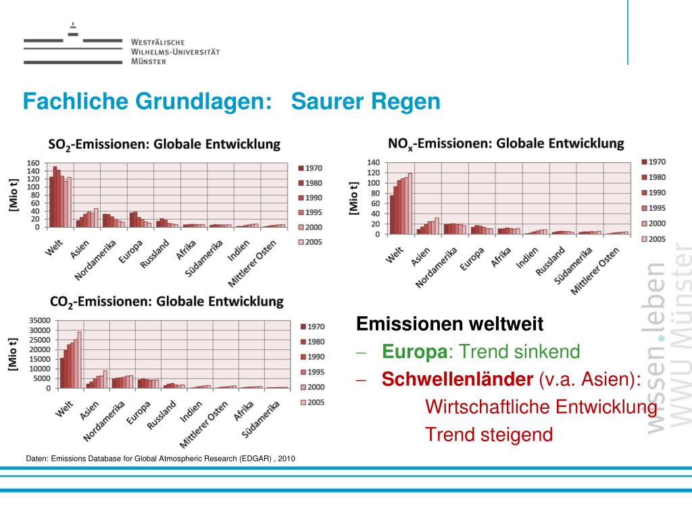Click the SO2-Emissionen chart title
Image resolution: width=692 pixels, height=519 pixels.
point(164,144)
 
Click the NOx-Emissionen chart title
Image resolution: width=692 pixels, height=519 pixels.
point(506,143)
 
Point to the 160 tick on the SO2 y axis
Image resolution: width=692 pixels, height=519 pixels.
point(33,163)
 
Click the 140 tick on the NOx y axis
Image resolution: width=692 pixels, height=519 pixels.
point(373,162)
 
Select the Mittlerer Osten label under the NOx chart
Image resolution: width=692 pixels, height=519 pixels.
point(595,270)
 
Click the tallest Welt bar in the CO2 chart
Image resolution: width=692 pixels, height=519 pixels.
point(79,360)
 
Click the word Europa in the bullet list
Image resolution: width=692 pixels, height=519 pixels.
point(414,351)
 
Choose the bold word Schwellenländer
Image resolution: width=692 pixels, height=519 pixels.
point(458,379)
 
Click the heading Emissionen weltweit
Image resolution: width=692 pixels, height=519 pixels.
point(449,324)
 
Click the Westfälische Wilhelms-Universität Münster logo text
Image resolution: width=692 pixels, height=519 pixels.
point(175,51)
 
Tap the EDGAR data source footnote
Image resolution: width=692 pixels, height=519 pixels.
point(161,458)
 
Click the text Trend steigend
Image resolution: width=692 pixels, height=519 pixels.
point(489,435)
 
